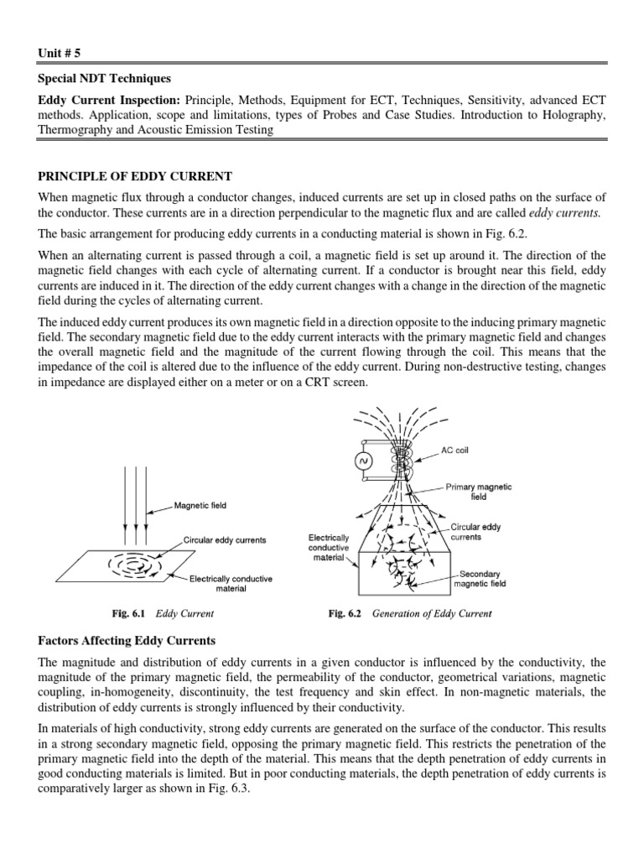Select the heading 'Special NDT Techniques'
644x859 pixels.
(x=105, y=79)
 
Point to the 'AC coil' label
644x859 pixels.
(x=454, y=450)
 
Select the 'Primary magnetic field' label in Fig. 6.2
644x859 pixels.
(x=478, y=492)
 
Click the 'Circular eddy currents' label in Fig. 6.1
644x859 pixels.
(x=225, y=540)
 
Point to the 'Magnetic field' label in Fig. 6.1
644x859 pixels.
(x=200, y=506)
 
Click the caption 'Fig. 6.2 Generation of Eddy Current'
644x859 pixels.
(x=410, y=613)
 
